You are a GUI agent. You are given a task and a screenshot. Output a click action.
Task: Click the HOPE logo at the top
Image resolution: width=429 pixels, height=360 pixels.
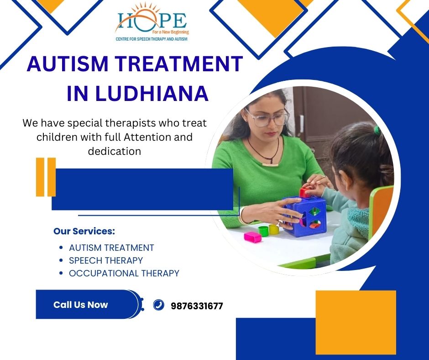(x=152, y=22)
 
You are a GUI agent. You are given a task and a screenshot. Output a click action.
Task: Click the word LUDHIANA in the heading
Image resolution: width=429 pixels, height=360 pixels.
(x=152, y=93)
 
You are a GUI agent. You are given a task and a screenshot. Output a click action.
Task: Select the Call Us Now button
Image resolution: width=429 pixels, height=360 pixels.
(x=88, y=304)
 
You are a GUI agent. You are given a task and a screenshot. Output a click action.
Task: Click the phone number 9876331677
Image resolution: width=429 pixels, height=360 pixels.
(x=197, y=306)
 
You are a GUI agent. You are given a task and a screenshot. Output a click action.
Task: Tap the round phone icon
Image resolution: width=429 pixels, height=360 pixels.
(x=159, y=305)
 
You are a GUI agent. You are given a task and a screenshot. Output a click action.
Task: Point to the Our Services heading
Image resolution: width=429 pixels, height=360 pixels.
(x=84, y=231)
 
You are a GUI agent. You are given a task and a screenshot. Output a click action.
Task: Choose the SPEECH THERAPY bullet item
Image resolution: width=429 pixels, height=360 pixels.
(x=106, y=260)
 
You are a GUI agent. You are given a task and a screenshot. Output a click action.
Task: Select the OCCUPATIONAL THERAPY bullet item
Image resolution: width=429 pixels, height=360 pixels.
(x=124, y=273)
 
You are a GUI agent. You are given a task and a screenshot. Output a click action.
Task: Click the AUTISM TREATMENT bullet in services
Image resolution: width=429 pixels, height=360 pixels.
(x=111, y=248)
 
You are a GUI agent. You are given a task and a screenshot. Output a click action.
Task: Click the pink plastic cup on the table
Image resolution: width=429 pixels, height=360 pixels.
(x=253, y=237)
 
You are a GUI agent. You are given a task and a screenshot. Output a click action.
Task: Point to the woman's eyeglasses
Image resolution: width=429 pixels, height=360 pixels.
(x=267, y=118)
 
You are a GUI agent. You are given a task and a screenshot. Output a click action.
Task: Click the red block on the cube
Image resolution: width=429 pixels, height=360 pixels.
(x=304, y=193)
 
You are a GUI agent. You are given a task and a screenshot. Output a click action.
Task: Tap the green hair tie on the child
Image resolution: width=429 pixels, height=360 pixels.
(x=377, y=130)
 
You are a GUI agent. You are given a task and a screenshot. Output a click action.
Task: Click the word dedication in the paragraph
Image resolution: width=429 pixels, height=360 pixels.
(x=115, y=151)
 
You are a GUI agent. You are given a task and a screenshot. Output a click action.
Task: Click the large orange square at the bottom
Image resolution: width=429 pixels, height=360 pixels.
(x=356, y=323)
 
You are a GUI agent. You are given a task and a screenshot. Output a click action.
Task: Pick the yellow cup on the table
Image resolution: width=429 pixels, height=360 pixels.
(x=273, y=230)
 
